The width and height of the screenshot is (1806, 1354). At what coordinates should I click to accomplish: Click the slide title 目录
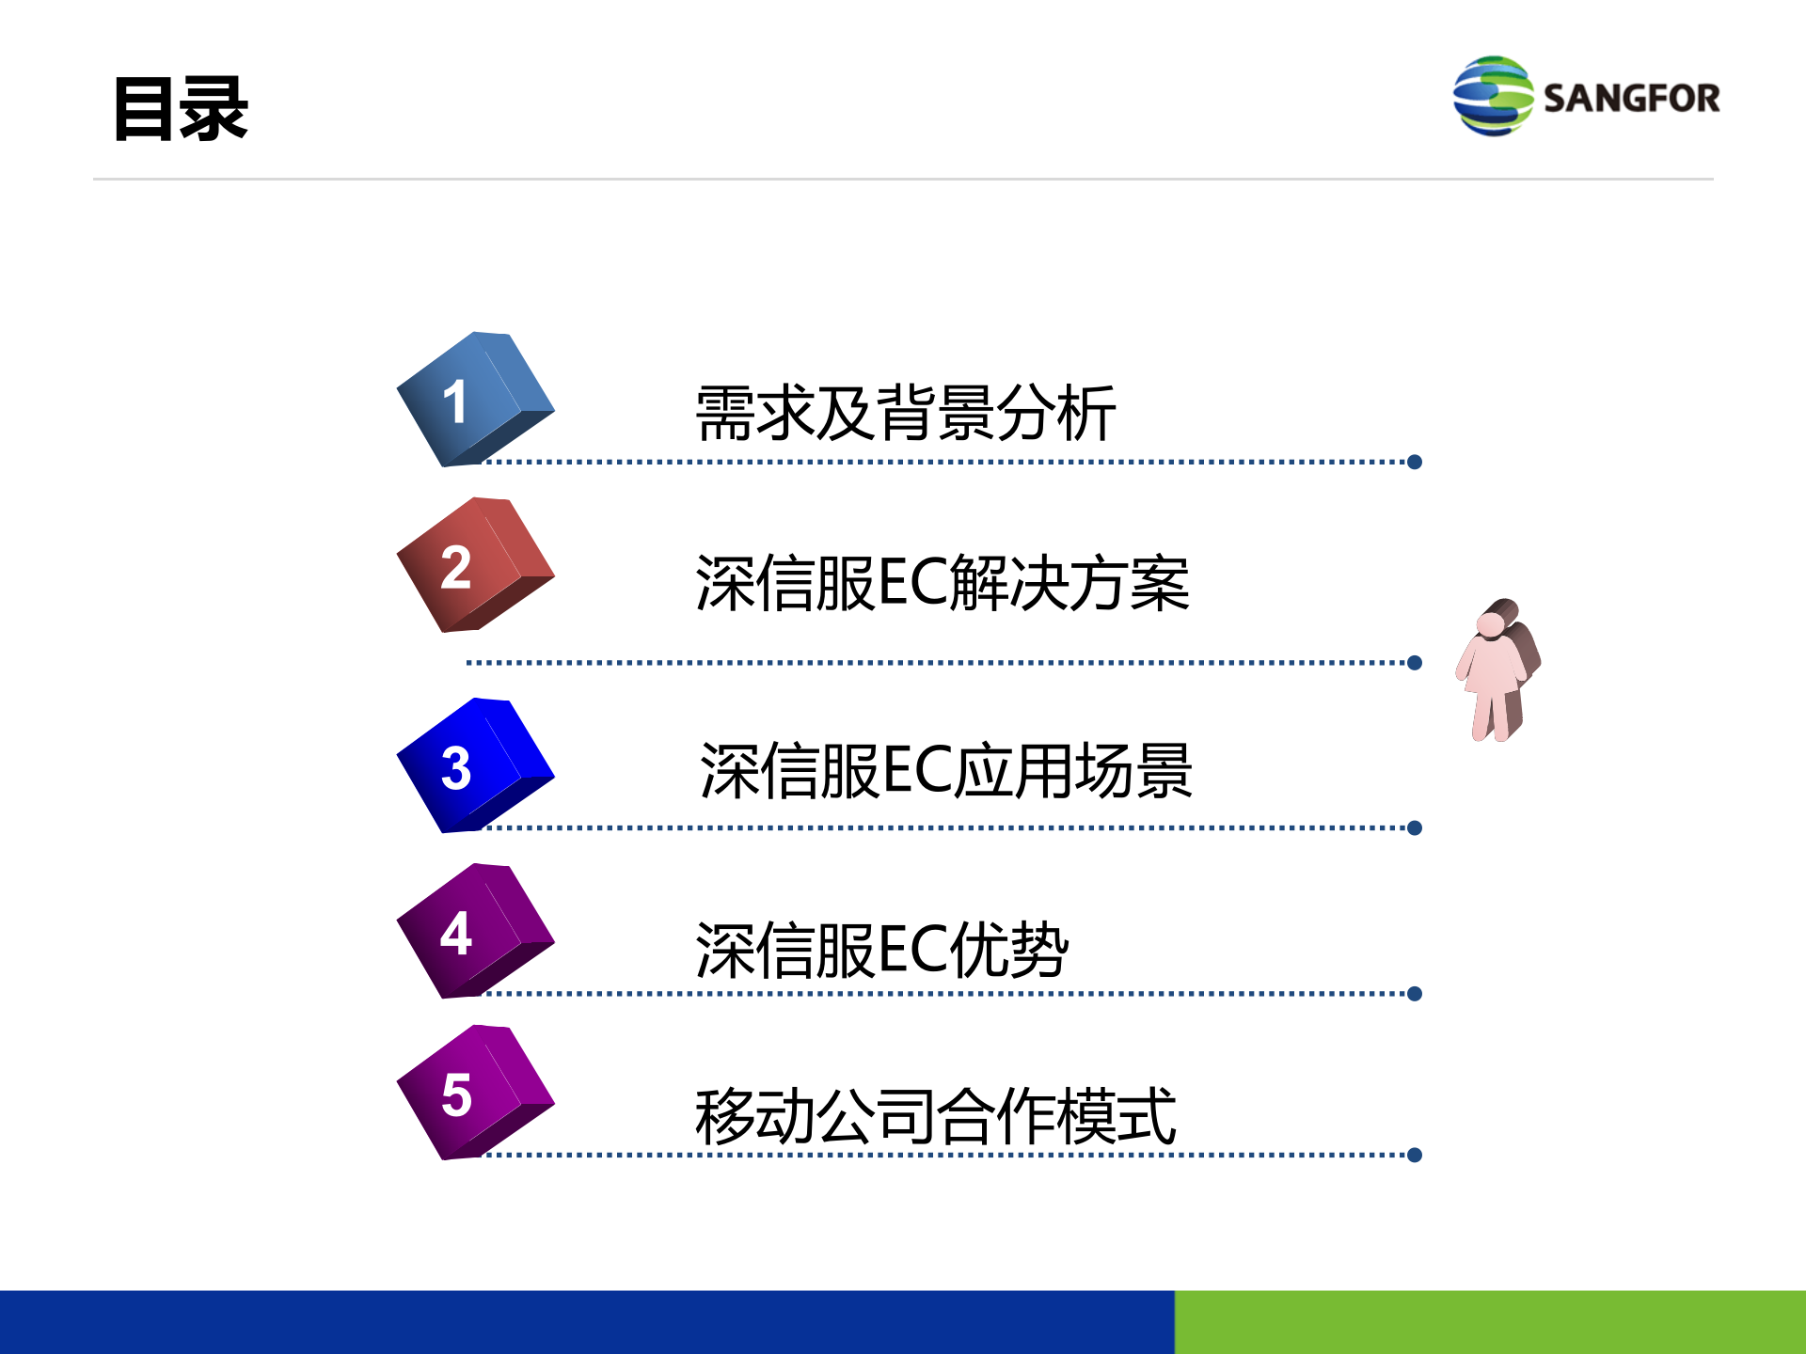pos(181,110)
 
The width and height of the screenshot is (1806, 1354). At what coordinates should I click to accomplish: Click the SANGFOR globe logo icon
pos(1492,96)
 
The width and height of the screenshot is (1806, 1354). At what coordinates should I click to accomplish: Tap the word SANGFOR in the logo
pos(1631,99)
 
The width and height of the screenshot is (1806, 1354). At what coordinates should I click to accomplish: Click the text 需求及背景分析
pos(905,414)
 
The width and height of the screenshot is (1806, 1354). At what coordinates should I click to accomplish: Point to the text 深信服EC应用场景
pos(946,771)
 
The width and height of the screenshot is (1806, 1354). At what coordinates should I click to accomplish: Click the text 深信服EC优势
pos(881,950)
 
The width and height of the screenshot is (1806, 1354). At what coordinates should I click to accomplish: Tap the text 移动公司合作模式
pos(935,1116)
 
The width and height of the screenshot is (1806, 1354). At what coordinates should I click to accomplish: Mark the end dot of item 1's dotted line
pos(1415,462)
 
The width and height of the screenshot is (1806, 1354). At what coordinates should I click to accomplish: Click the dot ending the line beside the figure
pos(1415,663)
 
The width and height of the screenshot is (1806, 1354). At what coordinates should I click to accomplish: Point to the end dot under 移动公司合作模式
pos(1415,1155)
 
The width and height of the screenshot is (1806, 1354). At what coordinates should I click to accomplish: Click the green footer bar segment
pos(1490,1322)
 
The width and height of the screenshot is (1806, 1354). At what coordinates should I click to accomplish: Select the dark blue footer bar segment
pos(587,1322)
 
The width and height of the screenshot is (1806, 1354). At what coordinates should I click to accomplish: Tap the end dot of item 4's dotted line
pos(1415,994)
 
